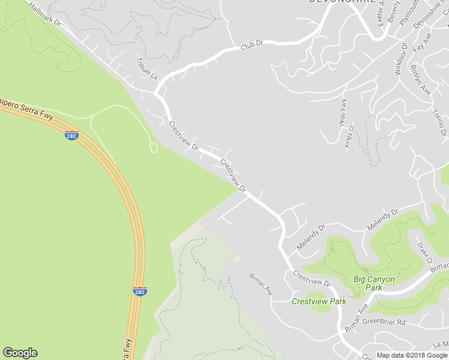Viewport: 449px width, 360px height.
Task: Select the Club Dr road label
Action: (253, 45)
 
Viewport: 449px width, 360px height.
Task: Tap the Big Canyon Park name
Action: (374, 283)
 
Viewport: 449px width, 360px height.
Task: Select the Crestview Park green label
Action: (319, 301)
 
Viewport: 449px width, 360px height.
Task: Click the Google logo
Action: (20, 353)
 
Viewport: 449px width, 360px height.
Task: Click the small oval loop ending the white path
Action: (153, 147)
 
